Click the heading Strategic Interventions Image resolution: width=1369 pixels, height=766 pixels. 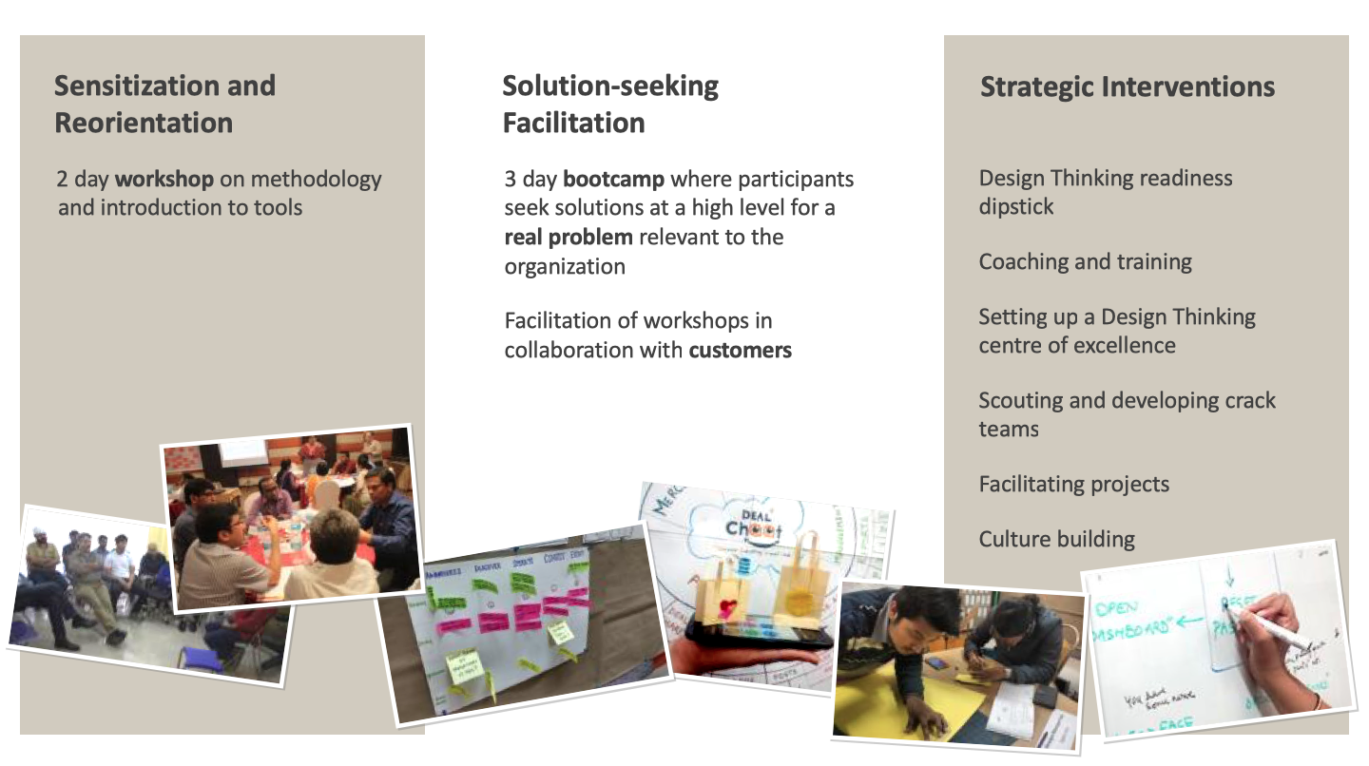tap(1127, 87)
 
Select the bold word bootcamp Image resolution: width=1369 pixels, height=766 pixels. tap(612, 179)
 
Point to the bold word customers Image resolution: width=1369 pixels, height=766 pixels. tap(740, 350)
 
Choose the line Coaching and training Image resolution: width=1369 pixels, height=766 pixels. tap(1085, 261)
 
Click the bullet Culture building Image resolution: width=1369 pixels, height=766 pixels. tap(1056, 539)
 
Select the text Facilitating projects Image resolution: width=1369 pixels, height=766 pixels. tap(1073, 484)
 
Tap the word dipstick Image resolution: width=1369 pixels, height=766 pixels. tap(1015, 206)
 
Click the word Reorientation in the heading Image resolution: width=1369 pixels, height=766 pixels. tap(143, 123)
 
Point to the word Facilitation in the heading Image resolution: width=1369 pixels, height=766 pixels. tap(573, 123)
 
